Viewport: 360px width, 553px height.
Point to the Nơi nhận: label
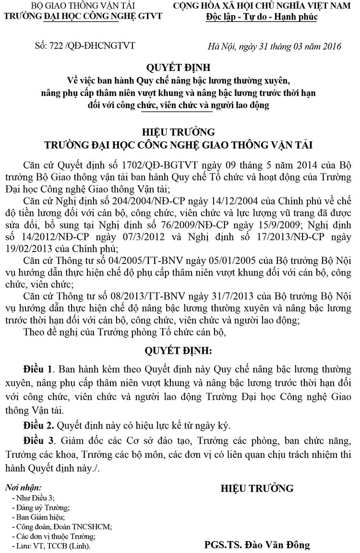[x=23, y=488]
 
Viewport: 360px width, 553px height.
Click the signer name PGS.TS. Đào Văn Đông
[x=257, y=545]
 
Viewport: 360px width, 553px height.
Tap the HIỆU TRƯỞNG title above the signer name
[x=257, y=489]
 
